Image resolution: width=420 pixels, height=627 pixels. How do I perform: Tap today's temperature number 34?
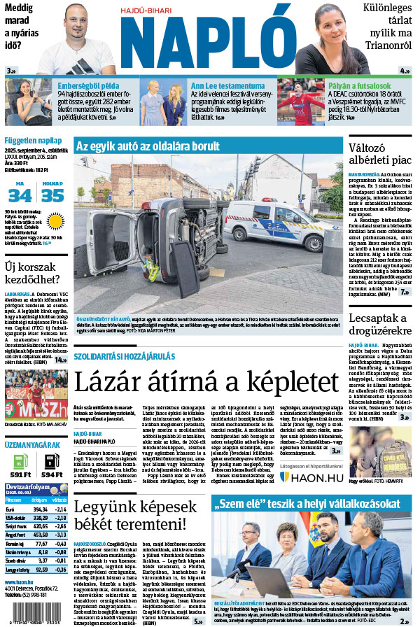pyautogui.click(x=20, y=195)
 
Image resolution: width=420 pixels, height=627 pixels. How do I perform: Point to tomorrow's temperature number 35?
pyautogui.click(x=52, y=195)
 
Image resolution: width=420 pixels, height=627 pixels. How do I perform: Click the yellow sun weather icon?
pyautogui.click(x=54, y=223)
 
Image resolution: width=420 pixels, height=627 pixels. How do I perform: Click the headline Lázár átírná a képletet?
pyautogui.click(x=206, y=382)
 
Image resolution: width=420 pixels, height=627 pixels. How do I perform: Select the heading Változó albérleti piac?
pyautogui.click(x=381, y=155)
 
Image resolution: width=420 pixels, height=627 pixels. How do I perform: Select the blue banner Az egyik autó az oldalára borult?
pyautogui.click(x=147, y=146)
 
